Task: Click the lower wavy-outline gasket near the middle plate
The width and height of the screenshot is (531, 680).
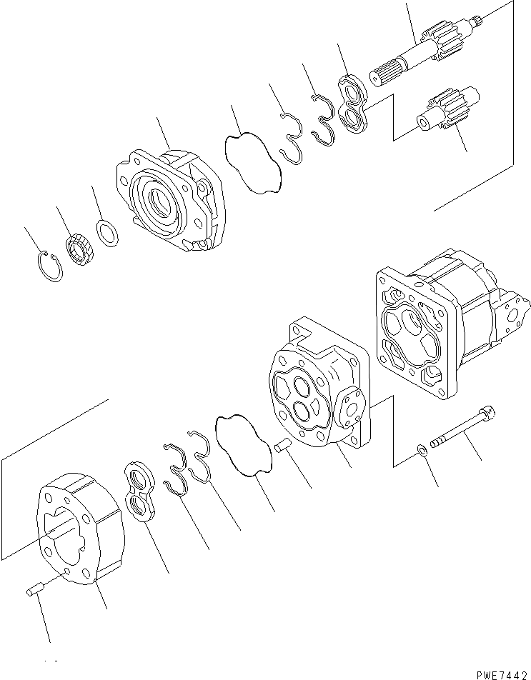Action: coord(243,450)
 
